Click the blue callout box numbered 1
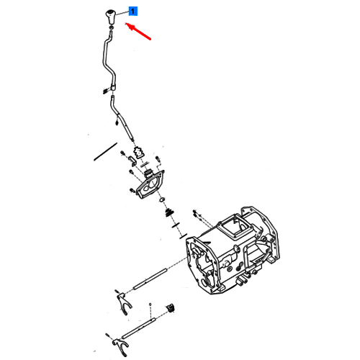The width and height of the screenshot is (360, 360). [x=133, y=12]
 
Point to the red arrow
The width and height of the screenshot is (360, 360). [x=138, y=31]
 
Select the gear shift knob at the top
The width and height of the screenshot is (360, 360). [x=111, y=17]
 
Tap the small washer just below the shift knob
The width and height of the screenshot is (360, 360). [x=111, y=28]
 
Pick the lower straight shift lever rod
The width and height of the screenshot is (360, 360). [x=122, y=117]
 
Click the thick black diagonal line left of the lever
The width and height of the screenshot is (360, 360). [x=105, y=152]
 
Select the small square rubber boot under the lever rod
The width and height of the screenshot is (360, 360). [x=139, y=153]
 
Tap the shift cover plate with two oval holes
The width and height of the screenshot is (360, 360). [x=150, y=184]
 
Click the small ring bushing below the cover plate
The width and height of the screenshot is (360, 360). [x=162, y=199]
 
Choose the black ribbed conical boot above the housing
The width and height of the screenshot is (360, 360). [x=169, y=212]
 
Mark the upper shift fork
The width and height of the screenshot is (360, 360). [x=124, y=303]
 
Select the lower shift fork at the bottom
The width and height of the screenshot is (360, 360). [x=120, y=347]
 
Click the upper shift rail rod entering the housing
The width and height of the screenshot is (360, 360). [x=150, y=279]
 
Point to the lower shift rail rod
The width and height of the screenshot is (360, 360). [x=139, y=328]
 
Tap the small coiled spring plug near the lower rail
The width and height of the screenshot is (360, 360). [x=171, y=308]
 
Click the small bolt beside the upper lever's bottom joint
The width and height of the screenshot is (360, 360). [x=105, y=91]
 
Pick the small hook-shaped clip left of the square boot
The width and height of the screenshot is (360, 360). [x=132, y=161]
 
